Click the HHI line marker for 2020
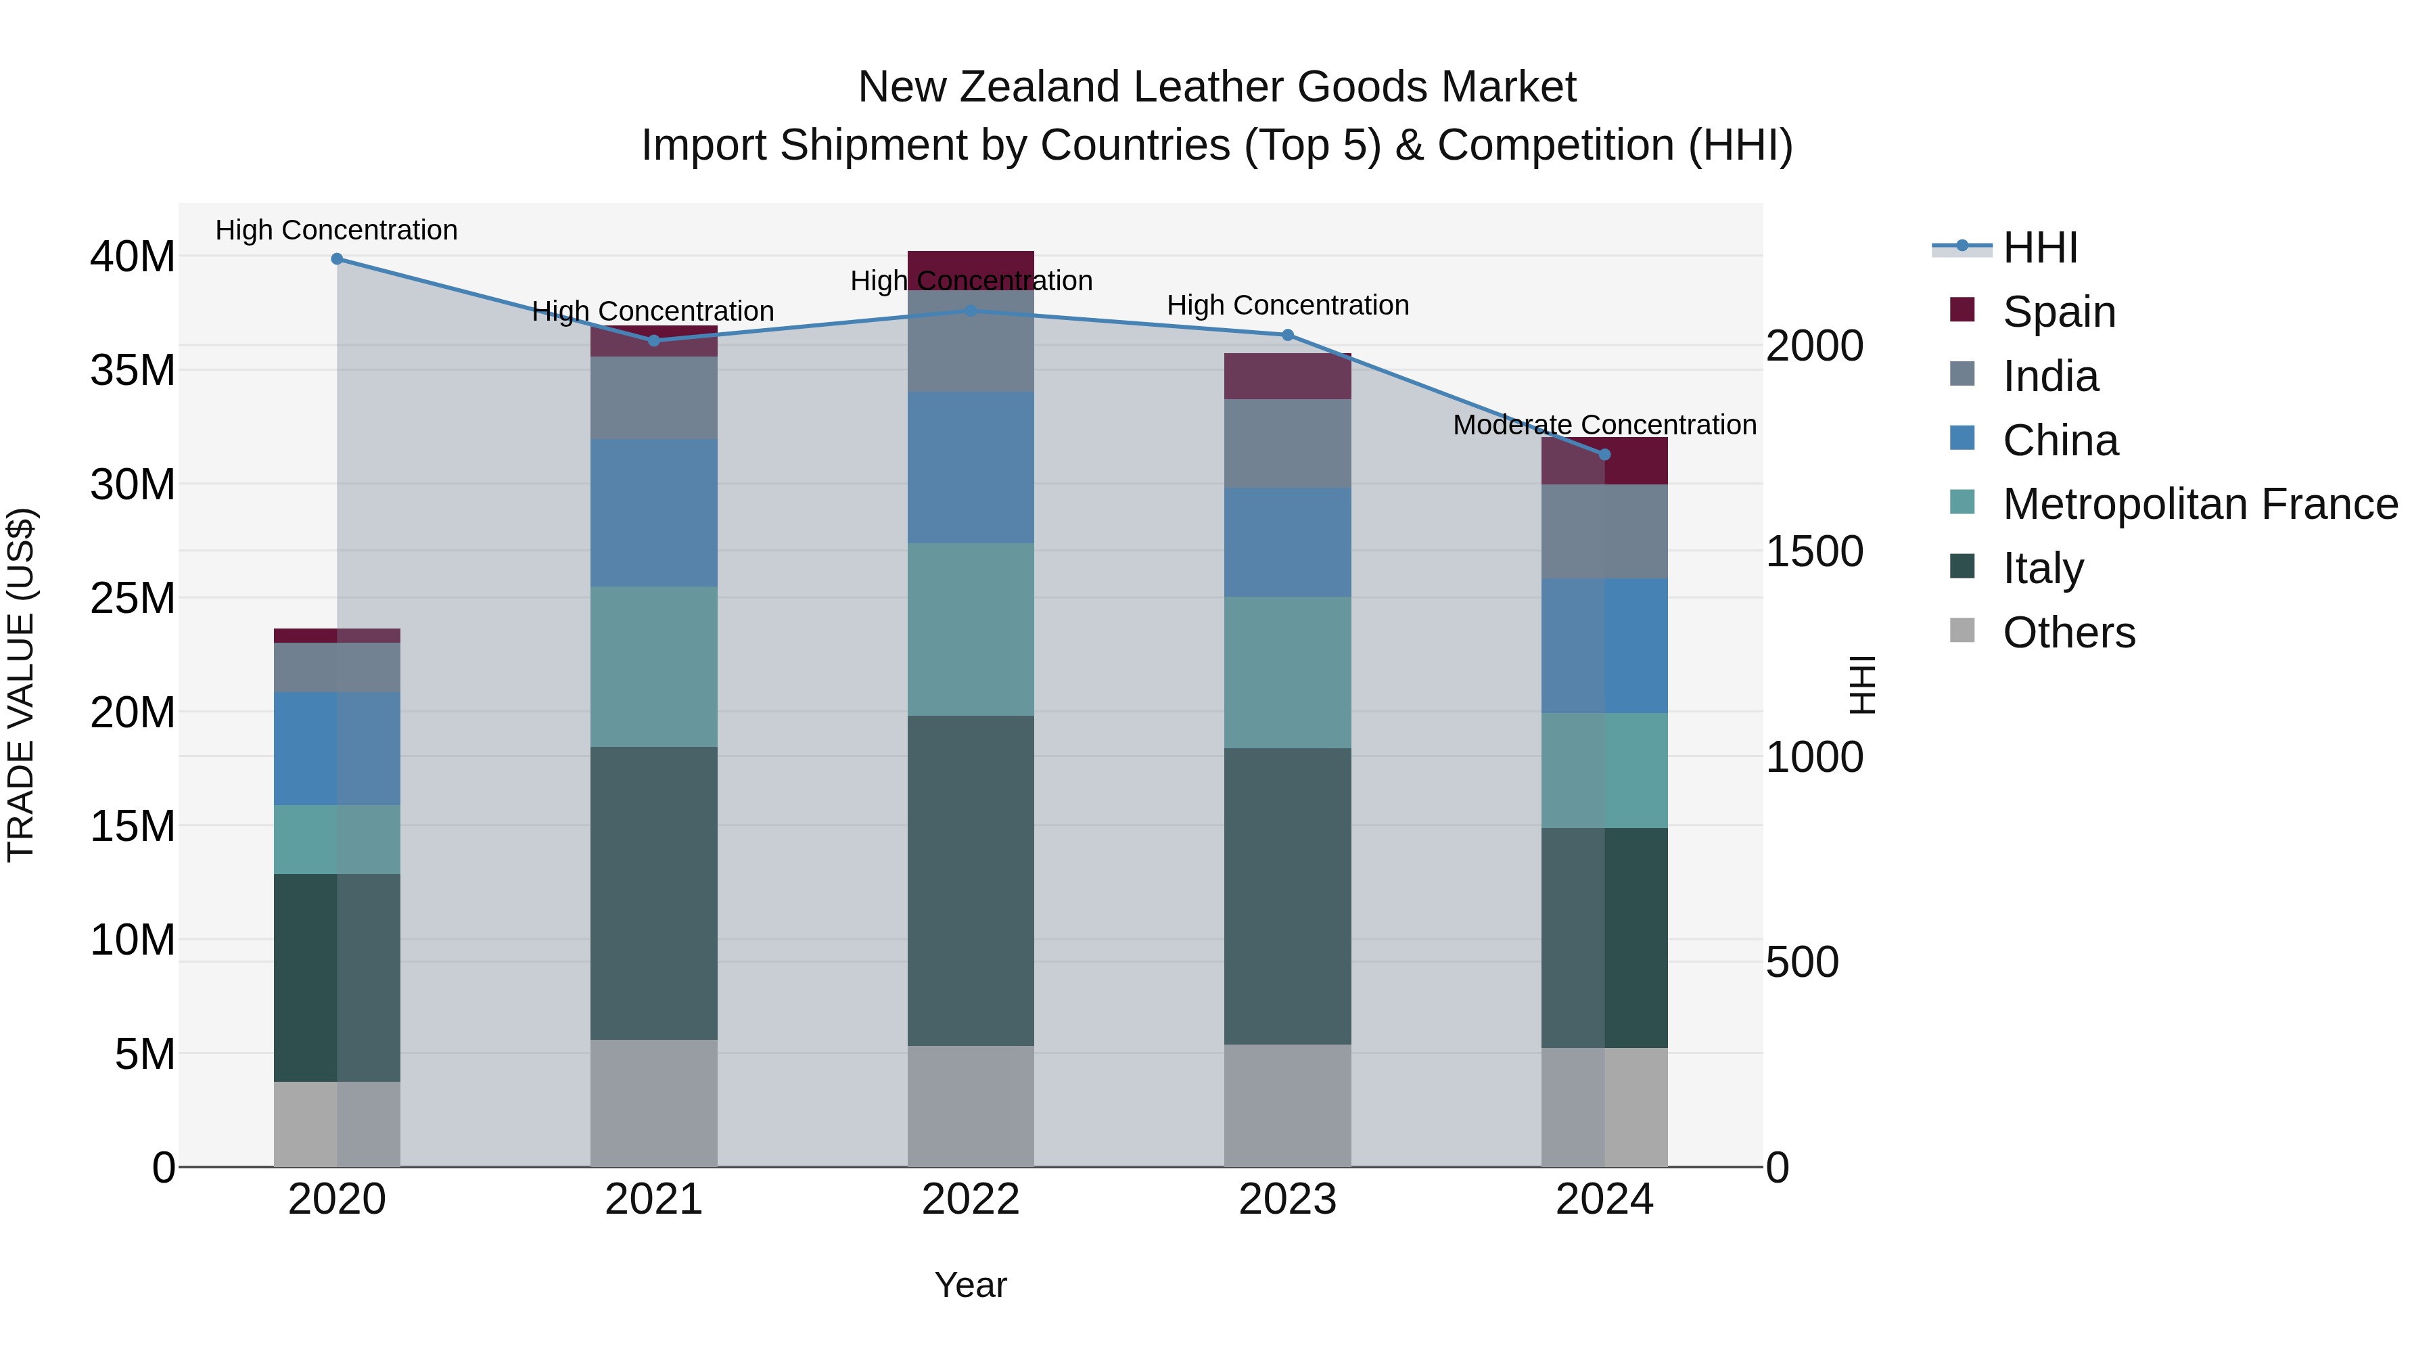coord(337,259)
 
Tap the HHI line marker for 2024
coord(1604,455)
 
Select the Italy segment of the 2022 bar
coord(971,880)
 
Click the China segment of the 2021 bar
coord(654,512)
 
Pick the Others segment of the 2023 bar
coord(1287,1105)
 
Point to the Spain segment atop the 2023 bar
coord(1287,376)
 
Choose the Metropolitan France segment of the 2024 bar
coord(1604,771)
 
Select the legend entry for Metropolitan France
coord(2200,505)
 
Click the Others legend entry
coord(2068,633)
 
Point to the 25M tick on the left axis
coord(133,599)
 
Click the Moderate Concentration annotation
coord(1604,426)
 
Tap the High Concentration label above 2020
coord(337,231)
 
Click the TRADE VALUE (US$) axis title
coord(21,685)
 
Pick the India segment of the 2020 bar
coord(337,668)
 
